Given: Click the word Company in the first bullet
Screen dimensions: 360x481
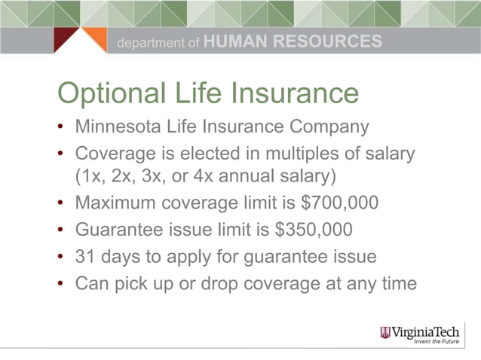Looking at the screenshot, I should click(332, 126).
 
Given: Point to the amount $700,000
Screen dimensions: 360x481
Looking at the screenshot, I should click(342, 204).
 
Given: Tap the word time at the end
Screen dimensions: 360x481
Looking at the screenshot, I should click(398, 283).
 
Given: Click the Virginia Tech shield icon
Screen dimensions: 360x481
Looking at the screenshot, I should click(385, 332).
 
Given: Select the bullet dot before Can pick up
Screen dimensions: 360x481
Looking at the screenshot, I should click(61, 284).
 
